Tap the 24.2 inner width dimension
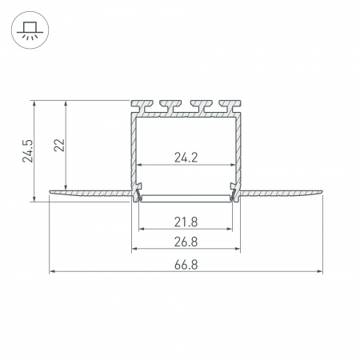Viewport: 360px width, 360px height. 186,158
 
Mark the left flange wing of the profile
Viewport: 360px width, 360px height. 88,193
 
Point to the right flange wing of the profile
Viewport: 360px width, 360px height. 284,193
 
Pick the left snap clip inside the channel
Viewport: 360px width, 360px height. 138,193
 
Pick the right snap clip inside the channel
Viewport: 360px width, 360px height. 234,193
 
